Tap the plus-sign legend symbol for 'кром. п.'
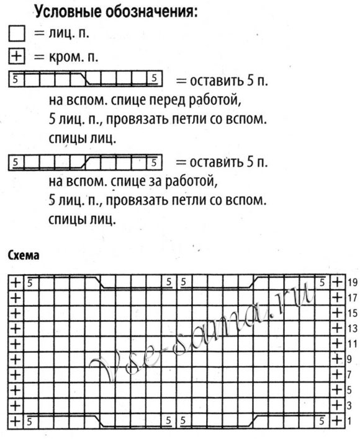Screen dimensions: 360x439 point(16,57)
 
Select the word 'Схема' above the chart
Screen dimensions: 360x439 point(23,255)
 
